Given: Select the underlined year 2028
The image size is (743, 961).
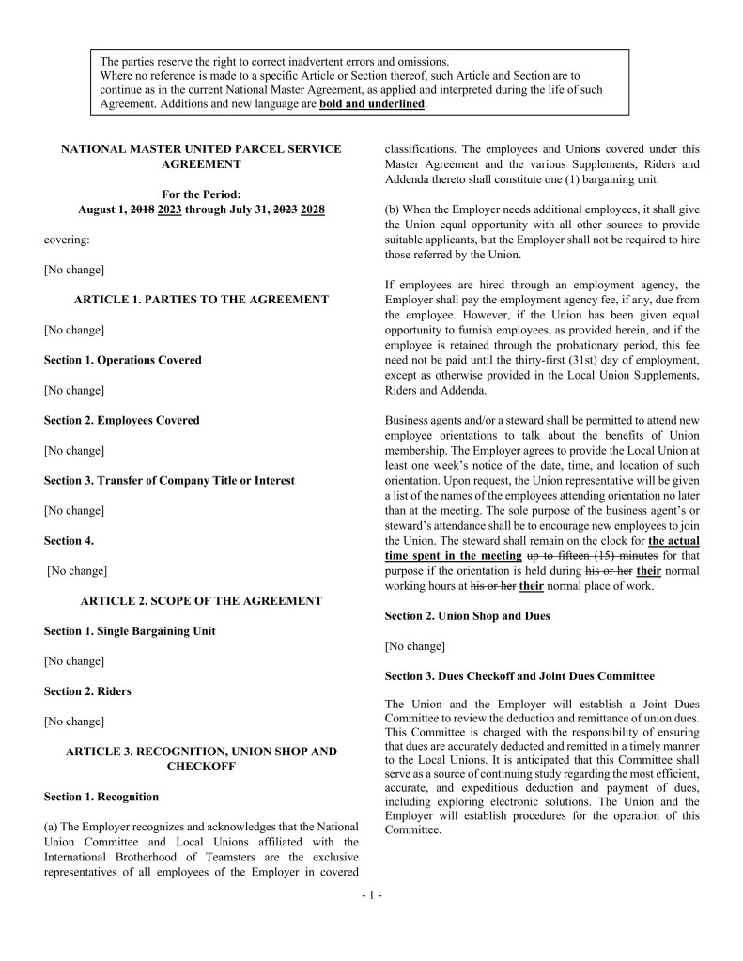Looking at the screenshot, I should pyautogui.click(x=313, y=209).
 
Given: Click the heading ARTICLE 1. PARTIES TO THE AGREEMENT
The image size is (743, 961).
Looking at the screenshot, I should pyautogui.click(x=201, y=300).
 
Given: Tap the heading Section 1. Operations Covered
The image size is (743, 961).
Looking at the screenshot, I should pyautogui.click(x=122, y=360).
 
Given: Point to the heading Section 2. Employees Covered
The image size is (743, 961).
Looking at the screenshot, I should pyautogui.click(x=121, y=420).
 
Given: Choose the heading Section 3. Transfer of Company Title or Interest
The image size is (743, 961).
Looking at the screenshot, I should pyautogui.click(x=169, y=480).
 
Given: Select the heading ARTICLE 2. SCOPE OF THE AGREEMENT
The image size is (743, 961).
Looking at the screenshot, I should pyautogui.click(x=201, y=600).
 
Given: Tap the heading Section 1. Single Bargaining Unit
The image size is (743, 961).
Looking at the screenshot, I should pyautogui.click(x=130, y=631).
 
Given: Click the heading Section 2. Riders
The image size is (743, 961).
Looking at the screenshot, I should pyautogui.click(x=87, y=691).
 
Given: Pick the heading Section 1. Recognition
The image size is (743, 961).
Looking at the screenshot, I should pyautogui.click(x=101, y=797).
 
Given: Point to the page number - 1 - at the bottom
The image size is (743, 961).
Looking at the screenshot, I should pyautogui.click(x=371, y=896).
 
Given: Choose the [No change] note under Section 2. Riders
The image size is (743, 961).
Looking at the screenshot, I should pyautogui.click(x=74, y=721).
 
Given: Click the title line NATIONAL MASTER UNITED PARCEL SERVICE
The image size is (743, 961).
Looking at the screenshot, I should pyautogui.click(x=201, y=148).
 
